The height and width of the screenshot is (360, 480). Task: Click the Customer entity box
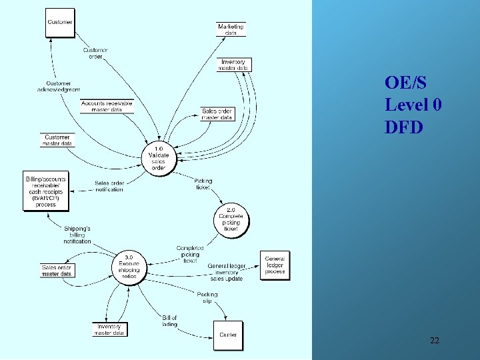click(x=59, y=23)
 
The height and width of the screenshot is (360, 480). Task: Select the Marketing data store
click(x=231, y=29)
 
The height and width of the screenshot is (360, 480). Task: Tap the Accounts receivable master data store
click(x=107, y=106)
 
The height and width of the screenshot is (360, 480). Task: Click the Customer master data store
click(x=57, y=140)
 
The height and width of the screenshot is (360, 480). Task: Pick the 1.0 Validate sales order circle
click(x=159, y=157)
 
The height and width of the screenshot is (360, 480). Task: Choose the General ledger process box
click(x=275, y=265)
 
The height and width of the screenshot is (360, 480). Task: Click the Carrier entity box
click(x=228, y=335)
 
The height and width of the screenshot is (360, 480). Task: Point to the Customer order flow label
click(x=95, y=53)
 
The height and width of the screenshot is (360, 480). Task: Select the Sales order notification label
click(x=109, y=186)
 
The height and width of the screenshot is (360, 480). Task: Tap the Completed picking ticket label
click(x=190, y=254)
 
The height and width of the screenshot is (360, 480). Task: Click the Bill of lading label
click(x=169, y=321)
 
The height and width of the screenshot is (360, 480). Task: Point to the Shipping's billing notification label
click(x=77, y=235)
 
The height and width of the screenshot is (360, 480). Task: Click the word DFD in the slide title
click(x=403, y=127)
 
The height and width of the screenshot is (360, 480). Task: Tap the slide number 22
click(x=434, y=341)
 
